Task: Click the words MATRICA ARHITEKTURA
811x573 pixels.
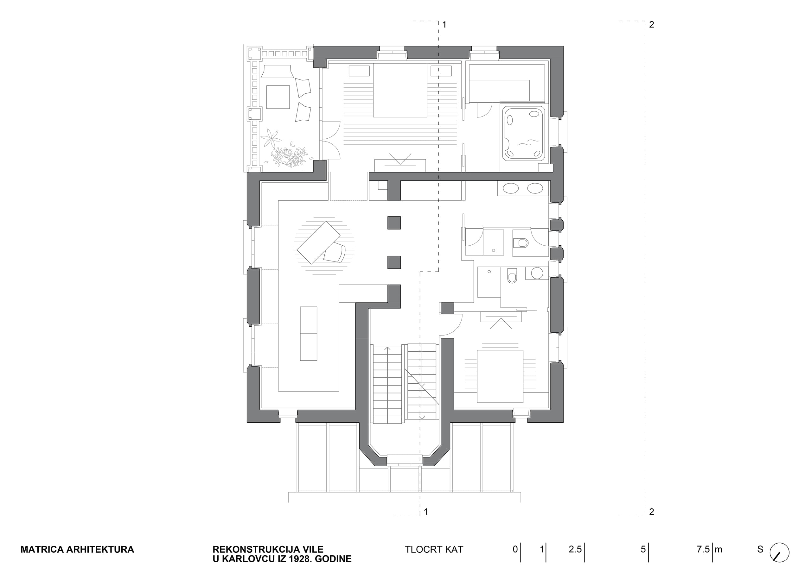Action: (x=77, y=549)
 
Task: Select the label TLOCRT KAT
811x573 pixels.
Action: (x=434, y=549)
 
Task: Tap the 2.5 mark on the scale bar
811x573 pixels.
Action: (x=575, y=549)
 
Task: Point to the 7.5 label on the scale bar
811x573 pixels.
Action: (x=703, y=549)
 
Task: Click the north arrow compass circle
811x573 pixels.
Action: (x=779, y=553)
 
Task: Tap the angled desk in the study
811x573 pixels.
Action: (x=318, y=242)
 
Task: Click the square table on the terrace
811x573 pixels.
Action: (x=278, y=97)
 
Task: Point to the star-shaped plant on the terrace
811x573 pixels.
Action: (x=271, y=138)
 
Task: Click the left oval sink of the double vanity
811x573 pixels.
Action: (x=510, y=188)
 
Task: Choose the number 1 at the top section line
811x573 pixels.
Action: (x=444, y=25)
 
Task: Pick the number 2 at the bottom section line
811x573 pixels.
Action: (x=652, y=512)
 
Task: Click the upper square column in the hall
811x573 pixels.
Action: (x=394, y=223)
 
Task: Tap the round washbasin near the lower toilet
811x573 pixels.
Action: (x=537, y=273)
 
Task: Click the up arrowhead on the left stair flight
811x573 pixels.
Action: (x=387, y=349)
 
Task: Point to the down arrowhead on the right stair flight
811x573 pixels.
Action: (x=421, y=418)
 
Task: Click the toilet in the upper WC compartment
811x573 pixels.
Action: (x=520, y=243)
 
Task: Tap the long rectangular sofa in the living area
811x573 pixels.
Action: (x=308, y=333)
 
